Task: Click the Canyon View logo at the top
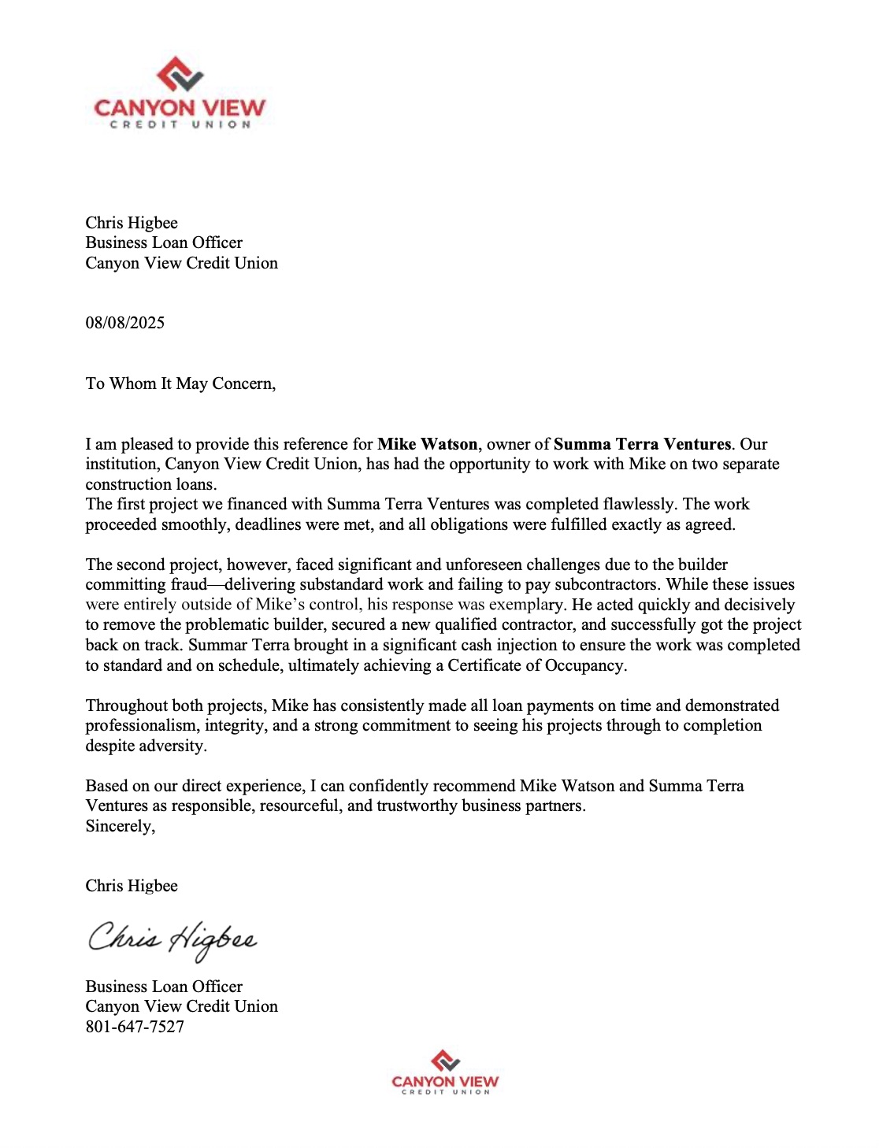click(x=180, y=93)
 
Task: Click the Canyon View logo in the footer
click(x=445, y=1072)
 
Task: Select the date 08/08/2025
click(x=125, y=323)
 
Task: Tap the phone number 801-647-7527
click(x=135, y=1027)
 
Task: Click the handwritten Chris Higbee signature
click(x=172, y=939)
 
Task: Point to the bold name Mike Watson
click(x=427, y=444)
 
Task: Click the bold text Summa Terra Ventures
click(x=642, y=444)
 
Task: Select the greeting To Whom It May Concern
click(x=180, y=383)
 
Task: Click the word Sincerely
click(x=120, y=826)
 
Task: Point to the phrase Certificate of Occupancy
click(x=536, y=665)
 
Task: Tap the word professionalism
click(x=135, y=725)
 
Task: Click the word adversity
click(x=172, y=746)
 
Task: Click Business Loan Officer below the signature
click(x=164, y=987)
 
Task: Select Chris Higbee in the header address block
click(x=132, y=223)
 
